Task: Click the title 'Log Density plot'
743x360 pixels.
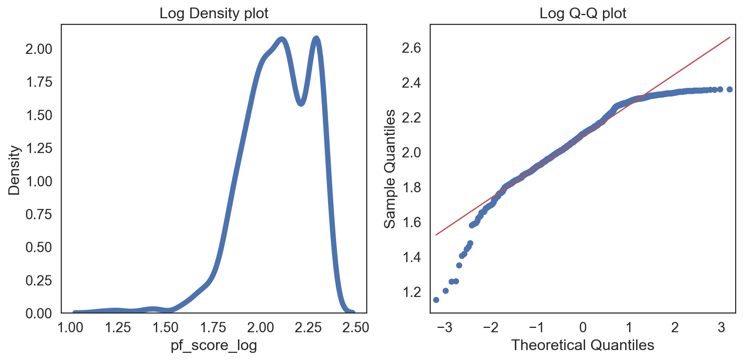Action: [214, 13]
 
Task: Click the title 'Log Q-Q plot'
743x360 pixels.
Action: [583, 13]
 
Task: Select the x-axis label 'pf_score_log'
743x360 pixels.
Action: [214, 345]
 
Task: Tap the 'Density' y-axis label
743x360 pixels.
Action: [14, 170]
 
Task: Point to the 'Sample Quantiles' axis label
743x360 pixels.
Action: [390, 169]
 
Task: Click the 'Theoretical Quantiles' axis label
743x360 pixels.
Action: [583, 345]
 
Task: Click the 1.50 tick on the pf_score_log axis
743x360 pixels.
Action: [166, 327]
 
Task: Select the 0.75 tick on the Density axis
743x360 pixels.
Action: [38, 214]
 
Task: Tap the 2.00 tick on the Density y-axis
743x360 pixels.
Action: [38, 49]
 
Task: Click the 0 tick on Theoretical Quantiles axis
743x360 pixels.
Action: [583, 327]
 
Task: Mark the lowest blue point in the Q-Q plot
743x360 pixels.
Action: [436, 300]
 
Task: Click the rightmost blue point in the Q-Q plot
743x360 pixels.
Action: [730, 89]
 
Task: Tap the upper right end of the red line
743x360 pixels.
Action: [730, 38]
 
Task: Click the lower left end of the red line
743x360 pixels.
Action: [436, 235]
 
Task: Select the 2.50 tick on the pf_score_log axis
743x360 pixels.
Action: [355, 327]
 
